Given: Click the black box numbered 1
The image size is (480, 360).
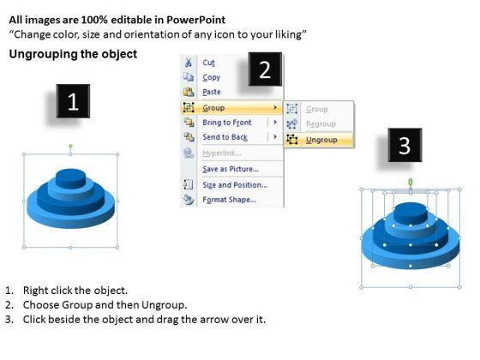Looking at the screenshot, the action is pos(73,101).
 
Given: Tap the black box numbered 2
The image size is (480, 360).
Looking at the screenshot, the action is pos(265,69).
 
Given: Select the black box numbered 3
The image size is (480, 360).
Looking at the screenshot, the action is pos(405,145).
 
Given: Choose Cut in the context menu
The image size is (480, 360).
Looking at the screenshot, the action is pos(208,63).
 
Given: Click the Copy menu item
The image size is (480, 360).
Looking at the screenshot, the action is pos(211,77).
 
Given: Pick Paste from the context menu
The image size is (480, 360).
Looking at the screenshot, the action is pos(212,92).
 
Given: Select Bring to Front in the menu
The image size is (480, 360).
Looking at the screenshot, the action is pos(227,123).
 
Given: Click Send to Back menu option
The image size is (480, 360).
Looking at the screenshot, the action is pos(225,137).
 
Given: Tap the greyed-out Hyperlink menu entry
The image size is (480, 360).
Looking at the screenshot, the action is pos(222,153).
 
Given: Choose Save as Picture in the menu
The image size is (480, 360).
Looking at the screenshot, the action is pos(231,169).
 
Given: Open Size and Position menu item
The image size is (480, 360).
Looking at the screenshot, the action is pos(235,185).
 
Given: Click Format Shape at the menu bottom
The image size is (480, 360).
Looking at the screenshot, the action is pos(230,200).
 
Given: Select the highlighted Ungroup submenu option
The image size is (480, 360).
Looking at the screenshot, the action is pos(321,140).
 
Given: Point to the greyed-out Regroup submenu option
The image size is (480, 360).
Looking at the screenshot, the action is pos(321,124).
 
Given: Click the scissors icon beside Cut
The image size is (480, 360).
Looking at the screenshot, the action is pos(189,63).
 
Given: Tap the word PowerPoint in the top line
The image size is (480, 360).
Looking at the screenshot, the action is pos(196,20).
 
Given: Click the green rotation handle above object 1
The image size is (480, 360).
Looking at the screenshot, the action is pos(70,146).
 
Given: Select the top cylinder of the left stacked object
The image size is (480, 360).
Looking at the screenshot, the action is pos(70,178).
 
